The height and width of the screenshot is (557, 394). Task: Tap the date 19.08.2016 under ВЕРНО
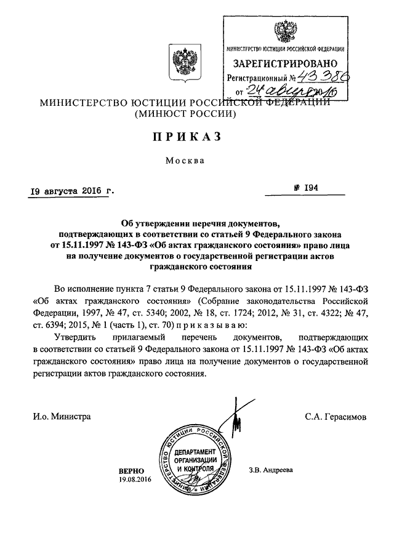pos(135,479)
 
